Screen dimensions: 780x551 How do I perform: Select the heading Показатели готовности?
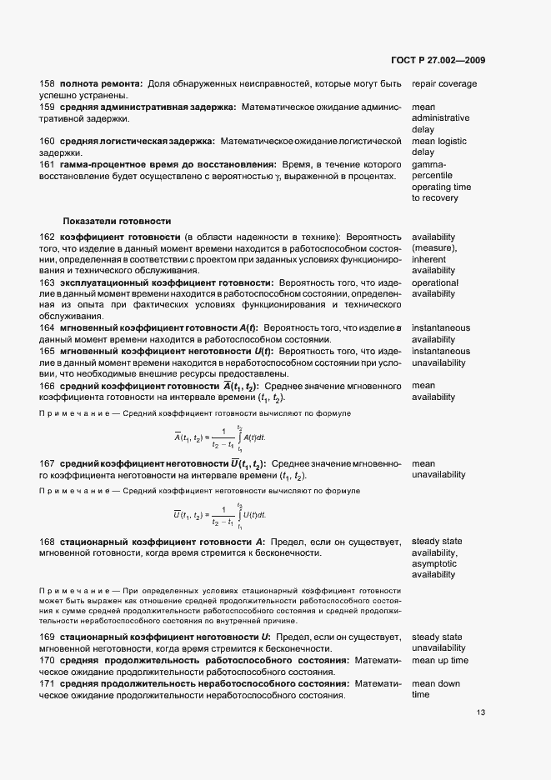[117, 221]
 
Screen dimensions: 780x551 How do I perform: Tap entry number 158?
[48, 84]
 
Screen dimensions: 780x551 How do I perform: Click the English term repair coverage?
[444, 84]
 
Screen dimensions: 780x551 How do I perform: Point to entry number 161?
[48, 164]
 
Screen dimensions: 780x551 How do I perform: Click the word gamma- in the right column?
[428, 164]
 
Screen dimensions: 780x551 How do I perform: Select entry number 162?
[48, 237]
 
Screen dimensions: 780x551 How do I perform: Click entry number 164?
[48, 328]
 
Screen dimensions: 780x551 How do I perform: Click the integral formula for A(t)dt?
[219, 437]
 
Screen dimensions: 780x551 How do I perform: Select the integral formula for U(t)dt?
[219, 516]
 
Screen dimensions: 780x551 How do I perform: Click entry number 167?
[48, 463]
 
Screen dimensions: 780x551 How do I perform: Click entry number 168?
[48, 542]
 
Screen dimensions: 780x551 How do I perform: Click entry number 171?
[48, 683]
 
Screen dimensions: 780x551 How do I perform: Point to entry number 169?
[48, 637]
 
